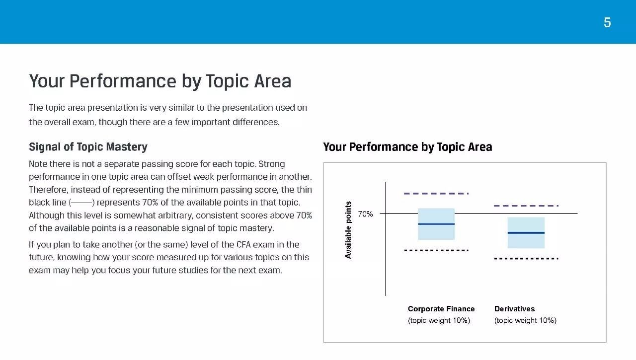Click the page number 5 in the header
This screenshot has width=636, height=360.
pyautogui.click(x=607, y=22)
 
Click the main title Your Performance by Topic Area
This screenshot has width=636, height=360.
pyautogui.click(x=160, y=81)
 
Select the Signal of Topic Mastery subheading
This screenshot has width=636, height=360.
pyautogui.click(x=88, y=147)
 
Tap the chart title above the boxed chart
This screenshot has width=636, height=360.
pyautogui.click(x=407, y=147)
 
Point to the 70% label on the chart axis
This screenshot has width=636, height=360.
pyautogui.click(x=365, y=214)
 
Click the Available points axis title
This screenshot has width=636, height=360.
pyautogui.click(x=348, y=230)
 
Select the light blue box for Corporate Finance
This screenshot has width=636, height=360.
pyautogui.click(x=436, y=224)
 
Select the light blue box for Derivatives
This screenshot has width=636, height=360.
pyautogui.click(x=526, y=232)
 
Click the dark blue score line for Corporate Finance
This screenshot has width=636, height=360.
pyautogui.click(x=436, y=224)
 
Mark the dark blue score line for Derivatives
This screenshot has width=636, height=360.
pyautogui.click(x=526, y=233)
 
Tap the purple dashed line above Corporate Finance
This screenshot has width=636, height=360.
pyautogui.click(x=436, y=194)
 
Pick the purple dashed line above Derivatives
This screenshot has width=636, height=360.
pyautogui.click(x=526, y=206)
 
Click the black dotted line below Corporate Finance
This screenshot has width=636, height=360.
pyautogui.click(x=436, y=250)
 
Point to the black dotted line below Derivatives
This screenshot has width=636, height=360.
pyautogui.click(x=526, y=258)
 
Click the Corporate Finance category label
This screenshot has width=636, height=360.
pyautogui.click(x=441, y=309)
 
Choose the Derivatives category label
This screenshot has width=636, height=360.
pyautogui.click(x=514, y=309)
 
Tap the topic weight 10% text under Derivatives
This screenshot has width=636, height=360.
pyautogui.click(x=525, y=321)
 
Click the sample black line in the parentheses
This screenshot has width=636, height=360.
pyautogui.click(x=82, y=203)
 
